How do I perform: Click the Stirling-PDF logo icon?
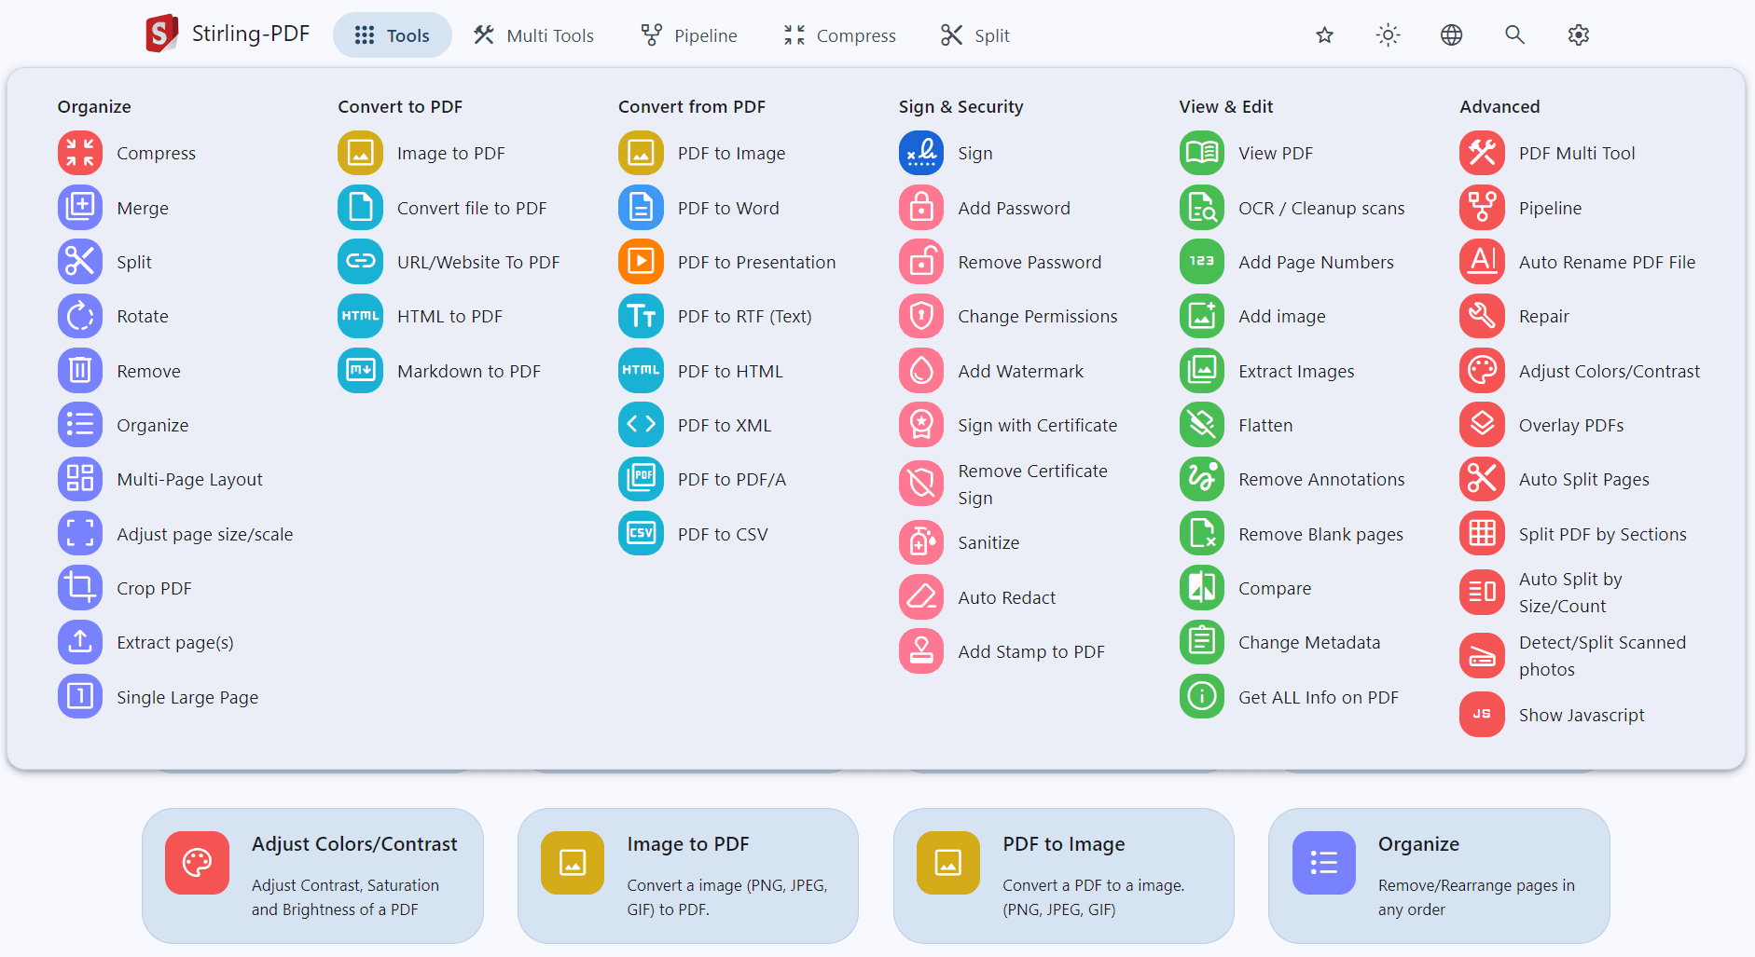161,34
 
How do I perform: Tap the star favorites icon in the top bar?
1324,35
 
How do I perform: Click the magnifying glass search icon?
1514,35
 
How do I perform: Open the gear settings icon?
1578,35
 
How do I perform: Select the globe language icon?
1451,35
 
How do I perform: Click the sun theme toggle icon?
1388,35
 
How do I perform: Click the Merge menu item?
142,208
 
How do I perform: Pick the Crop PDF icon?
80,588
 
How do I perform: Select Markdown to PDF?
468,371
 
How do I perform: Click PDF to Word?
727,208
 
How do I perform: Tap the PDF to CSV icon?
641,534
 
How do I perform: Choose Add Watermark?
1020,371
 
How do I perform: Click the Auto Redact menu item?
1006,597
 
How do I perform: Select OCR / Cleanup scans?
1320,208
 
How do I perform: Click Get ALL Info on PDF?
1318,697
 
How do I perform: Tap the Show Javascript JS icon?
1482,715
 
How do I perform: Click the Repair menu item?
1543,316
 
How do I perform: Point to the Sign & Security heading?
960,106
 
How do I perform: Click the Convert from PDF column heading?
691,106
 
